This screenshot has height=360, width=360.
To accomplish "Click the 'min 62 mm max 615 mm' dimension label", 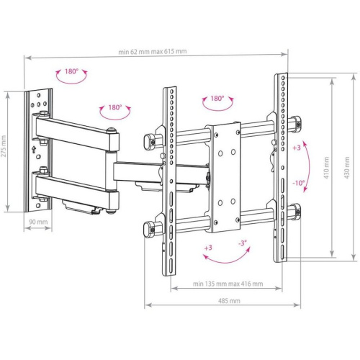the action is (x=153, y=52).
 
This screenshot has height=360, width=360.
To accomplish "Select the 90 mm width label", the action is (x=38, y=222).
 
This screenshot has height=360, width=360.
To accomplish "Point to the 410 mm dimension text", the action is (x=326, y=168).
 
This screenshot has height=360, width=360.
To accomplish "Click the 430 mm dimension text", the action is (x=347, y=168).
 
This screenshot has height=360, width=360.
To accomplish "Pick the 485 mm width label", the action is (x=229, y=301).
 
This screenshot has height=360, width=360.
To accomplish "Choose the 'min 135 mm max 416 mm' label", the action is (x=228, y=284).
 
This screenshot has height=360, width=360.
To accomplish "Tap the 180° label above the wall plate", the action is (x=71, y=71).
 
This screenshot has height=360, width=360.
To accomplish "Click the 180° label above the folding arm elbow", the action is (x=115, y=107).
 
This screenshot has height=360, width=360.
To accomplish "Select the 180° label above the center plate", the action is (x=217, y=99).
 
